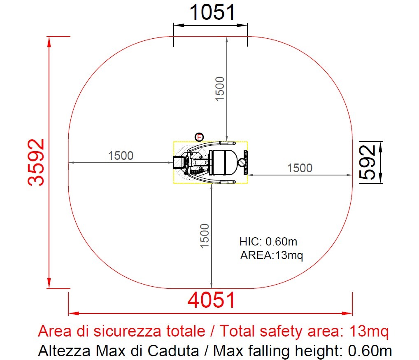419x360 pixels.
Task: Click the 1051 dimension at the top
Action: [x=212, y=12]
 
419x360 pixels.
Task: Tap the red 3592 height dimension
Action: [x=36, y=162]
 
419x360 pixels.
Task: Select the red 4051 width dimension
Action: [x=212, y=300]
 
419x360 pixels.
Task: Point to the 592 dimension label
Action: [x=367, y=162]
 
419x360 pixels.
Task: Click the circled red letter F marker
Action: [x=199, y=137]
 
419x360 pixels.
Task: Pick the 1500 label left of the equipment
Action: [x=121, y=156]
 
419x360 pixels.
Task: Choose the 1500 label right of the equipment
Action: [x=300, y=168]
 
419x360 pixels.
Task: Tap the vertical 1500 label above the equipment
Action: [x=220, y=89]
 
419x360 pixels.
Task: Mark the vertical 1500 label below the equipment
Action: [x=205, y=236]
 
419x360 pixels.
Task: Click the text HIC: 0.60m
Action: [x=268, y=241]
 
